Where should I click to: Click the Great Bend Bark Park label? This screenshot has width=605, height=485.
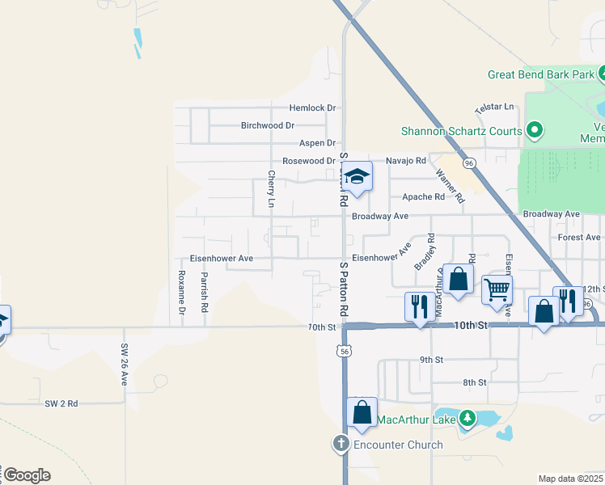point(541,74)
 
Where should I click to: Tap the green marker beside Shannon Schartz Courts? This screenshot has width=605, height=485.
point(534,129)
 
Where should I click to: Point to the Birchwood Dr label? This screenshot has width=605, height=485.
point(268,125)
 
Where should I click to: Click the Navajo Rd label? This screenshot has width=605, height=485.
point(405,161)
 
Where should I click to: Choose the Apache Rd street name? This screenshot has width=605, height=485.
point(424,196)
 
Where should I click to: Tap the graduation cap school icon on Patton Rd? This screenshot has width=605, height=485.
point(357,176)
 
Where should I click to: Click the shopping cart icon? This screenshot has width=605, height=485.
point(497,289)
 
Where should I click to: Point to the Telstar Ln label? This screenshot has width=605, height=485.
point(494,106)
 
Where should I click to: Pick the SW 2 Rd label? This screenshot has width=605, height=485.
point(61,403)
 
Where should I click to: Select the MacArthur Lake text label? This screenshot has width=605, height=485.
point(417,419)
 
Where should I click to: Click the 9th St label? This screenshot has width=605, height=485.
point(431,360)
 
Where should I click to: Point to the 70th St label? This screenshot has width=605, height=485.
point(321,327)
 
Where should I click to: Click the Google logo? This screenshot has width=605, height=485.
point(27,475)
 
